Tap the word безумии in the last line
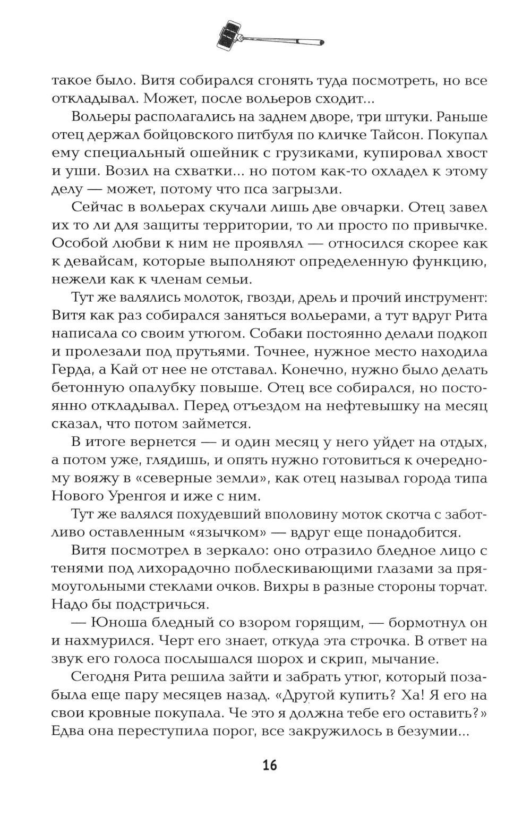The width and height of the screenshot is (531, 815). [424, 731]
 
